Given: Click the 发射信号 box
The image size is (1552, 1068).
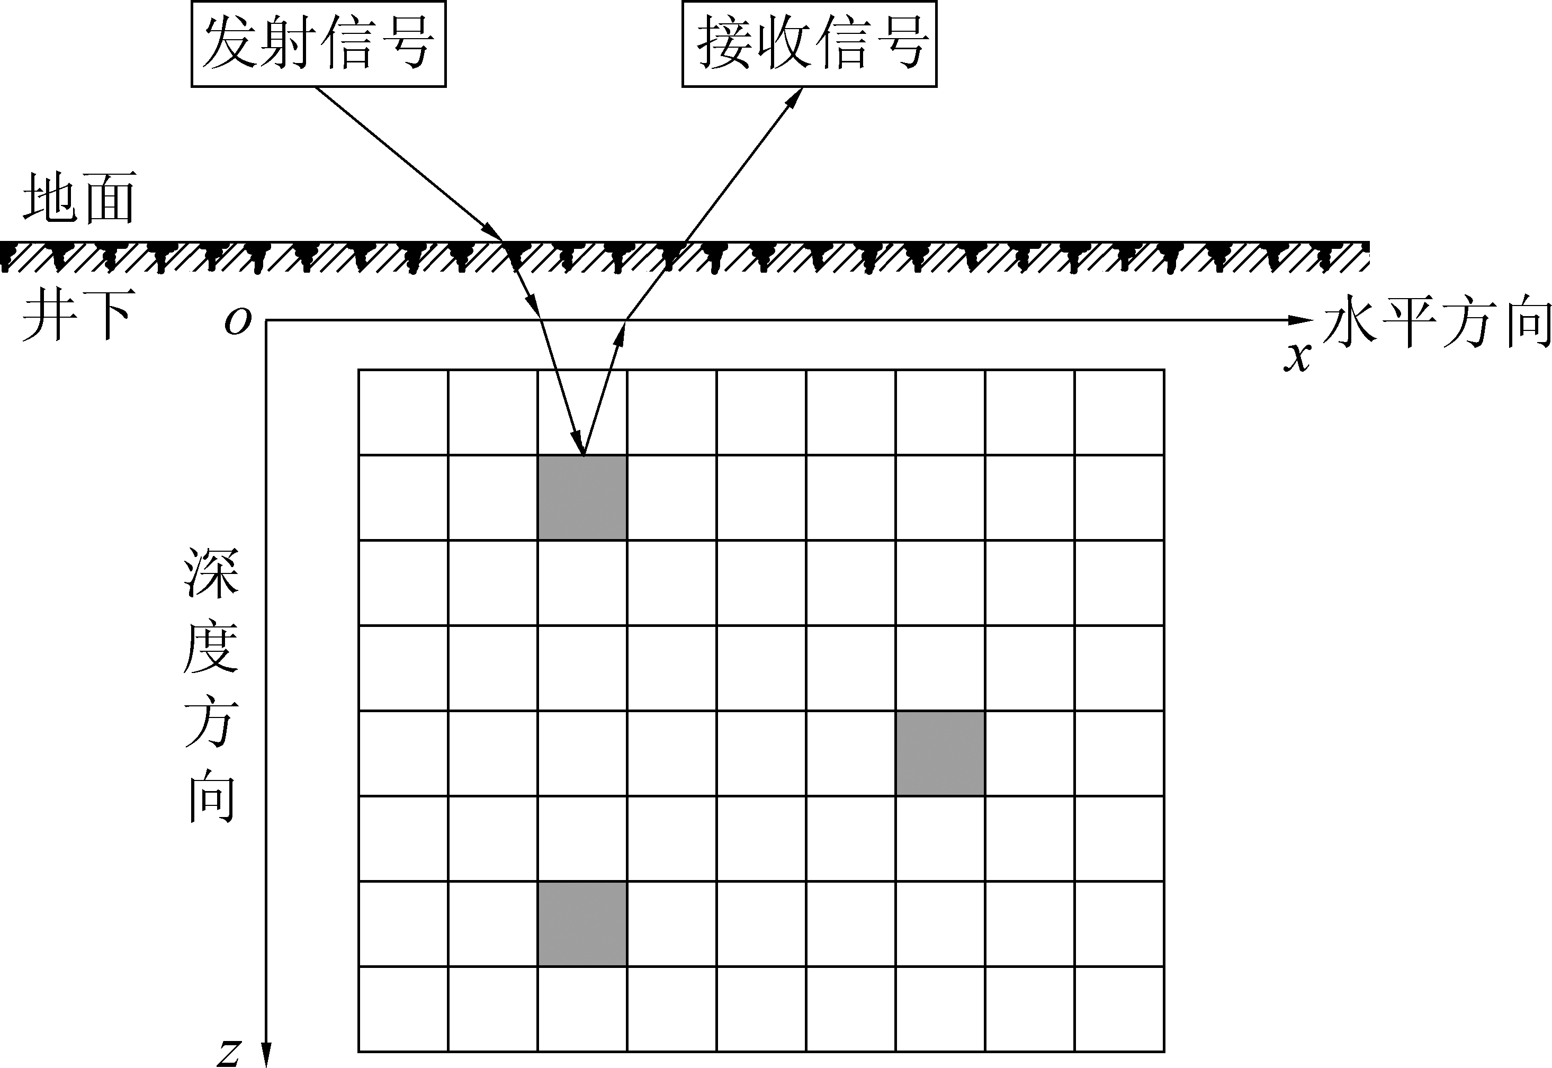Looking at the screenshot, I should tap(319, 44).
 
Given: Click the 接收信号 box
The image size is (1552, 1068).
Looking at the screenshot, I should tap(809, 44).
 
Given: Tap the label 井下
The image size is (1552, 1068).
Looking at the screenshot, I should tap(78, 315).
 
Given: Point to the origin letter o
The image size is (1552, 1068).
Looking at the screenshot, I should tap(238, 322).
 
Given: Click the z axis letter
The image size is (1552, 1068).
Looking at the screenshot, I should tap(230, 1053).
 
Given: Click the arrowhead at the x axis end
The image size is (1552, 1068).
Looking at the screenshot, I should tap(1301, 320).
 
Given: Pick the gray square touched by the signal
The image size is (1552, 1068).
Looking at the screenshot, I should tap(582, 497).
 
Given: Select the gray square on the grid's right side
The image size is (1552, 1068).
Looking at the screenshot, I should tap(940, 753).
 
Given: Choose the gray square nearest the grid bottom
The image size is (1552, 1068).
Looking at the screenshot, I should tap(582, 924).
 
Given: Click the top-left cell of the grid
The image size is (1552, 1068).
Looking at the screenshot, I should tap(403, 412).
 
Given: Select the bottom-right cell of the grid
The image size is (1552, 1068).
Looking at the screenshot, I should tap(1120, 1009).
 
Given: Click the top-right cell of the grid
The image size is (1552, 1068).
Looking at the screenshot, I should tap(1120, 412).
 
